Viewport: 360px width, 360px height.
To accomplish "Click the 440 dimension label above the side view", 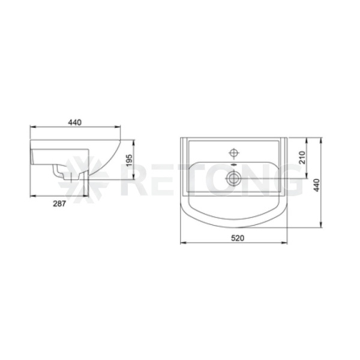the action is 75,122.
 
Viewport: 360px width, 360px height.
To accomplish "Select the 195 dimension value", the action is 129,160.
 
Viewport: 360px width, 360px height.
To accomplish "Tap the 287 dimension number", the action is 59,203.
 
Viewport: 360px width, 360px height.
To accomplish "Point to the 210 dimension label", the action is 302,157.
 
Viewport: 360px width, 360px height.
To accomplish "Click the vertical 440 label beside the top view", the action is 317,185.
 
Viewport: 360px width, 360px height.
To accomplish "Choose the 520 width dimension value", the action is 238,238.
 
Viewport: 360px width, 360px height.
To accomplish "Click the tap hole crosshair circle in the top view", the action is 234,152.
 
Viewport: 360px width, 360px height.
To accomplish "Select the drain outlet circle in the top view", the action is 234,178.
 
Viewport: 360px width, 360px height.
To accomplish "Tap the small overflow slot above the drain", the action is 234,164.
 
